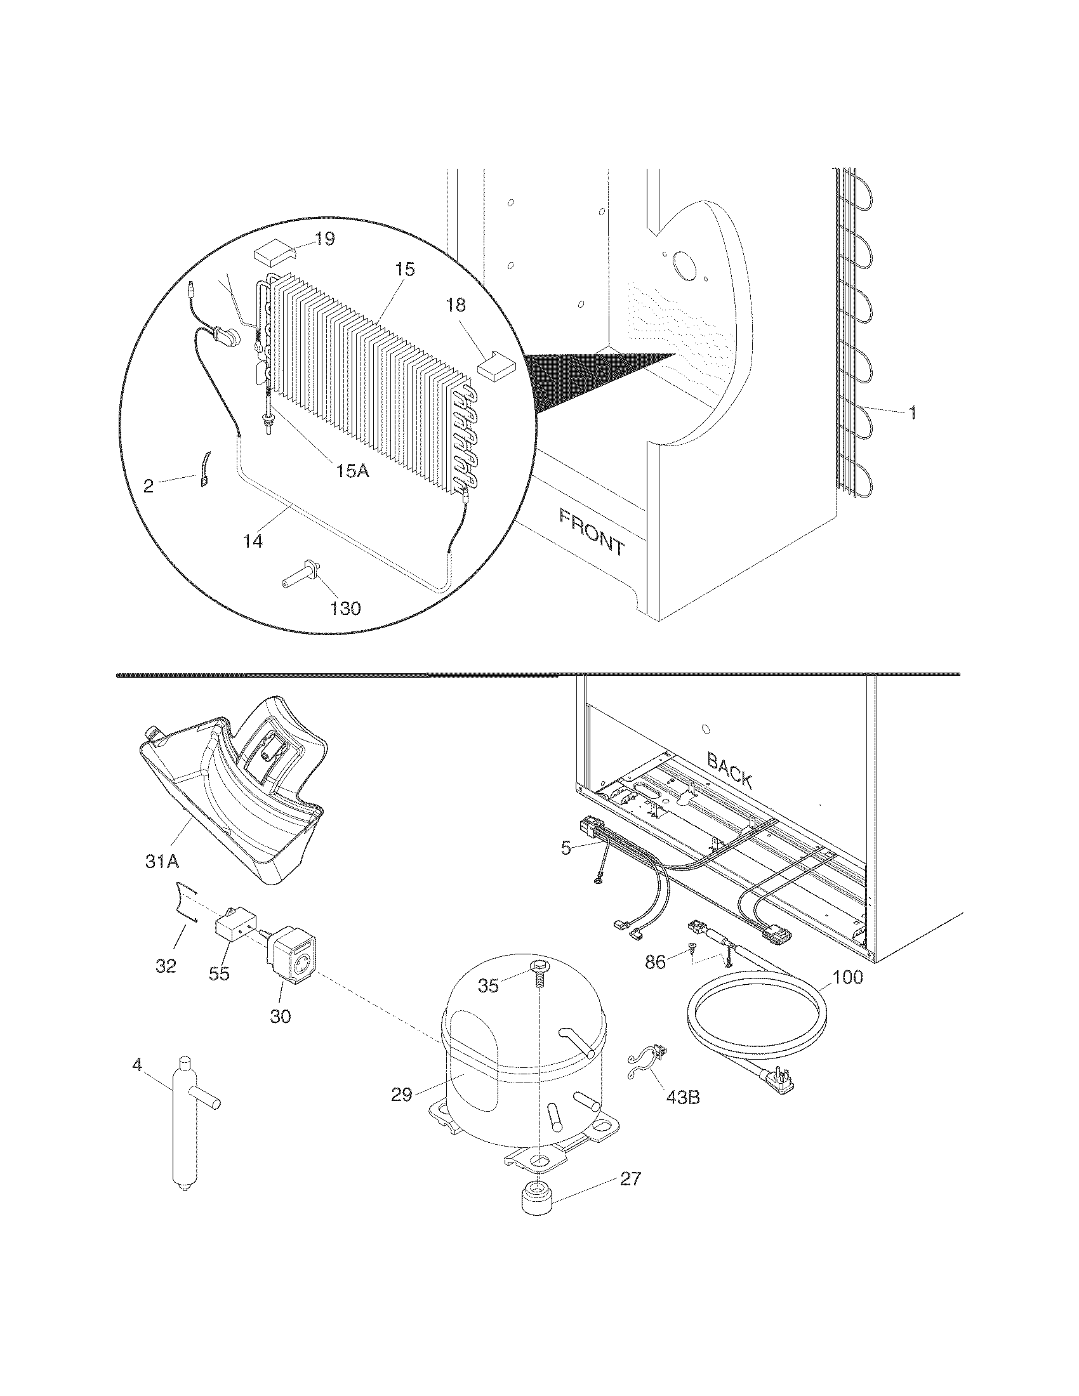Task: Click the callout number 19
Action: [324, 239]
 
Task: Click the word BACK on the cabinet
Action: [729, 770]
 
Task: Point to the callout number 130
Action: [345, 608]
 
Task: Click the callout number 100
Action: [847, 977]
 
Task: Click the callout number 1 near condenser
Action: [913, 413]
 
